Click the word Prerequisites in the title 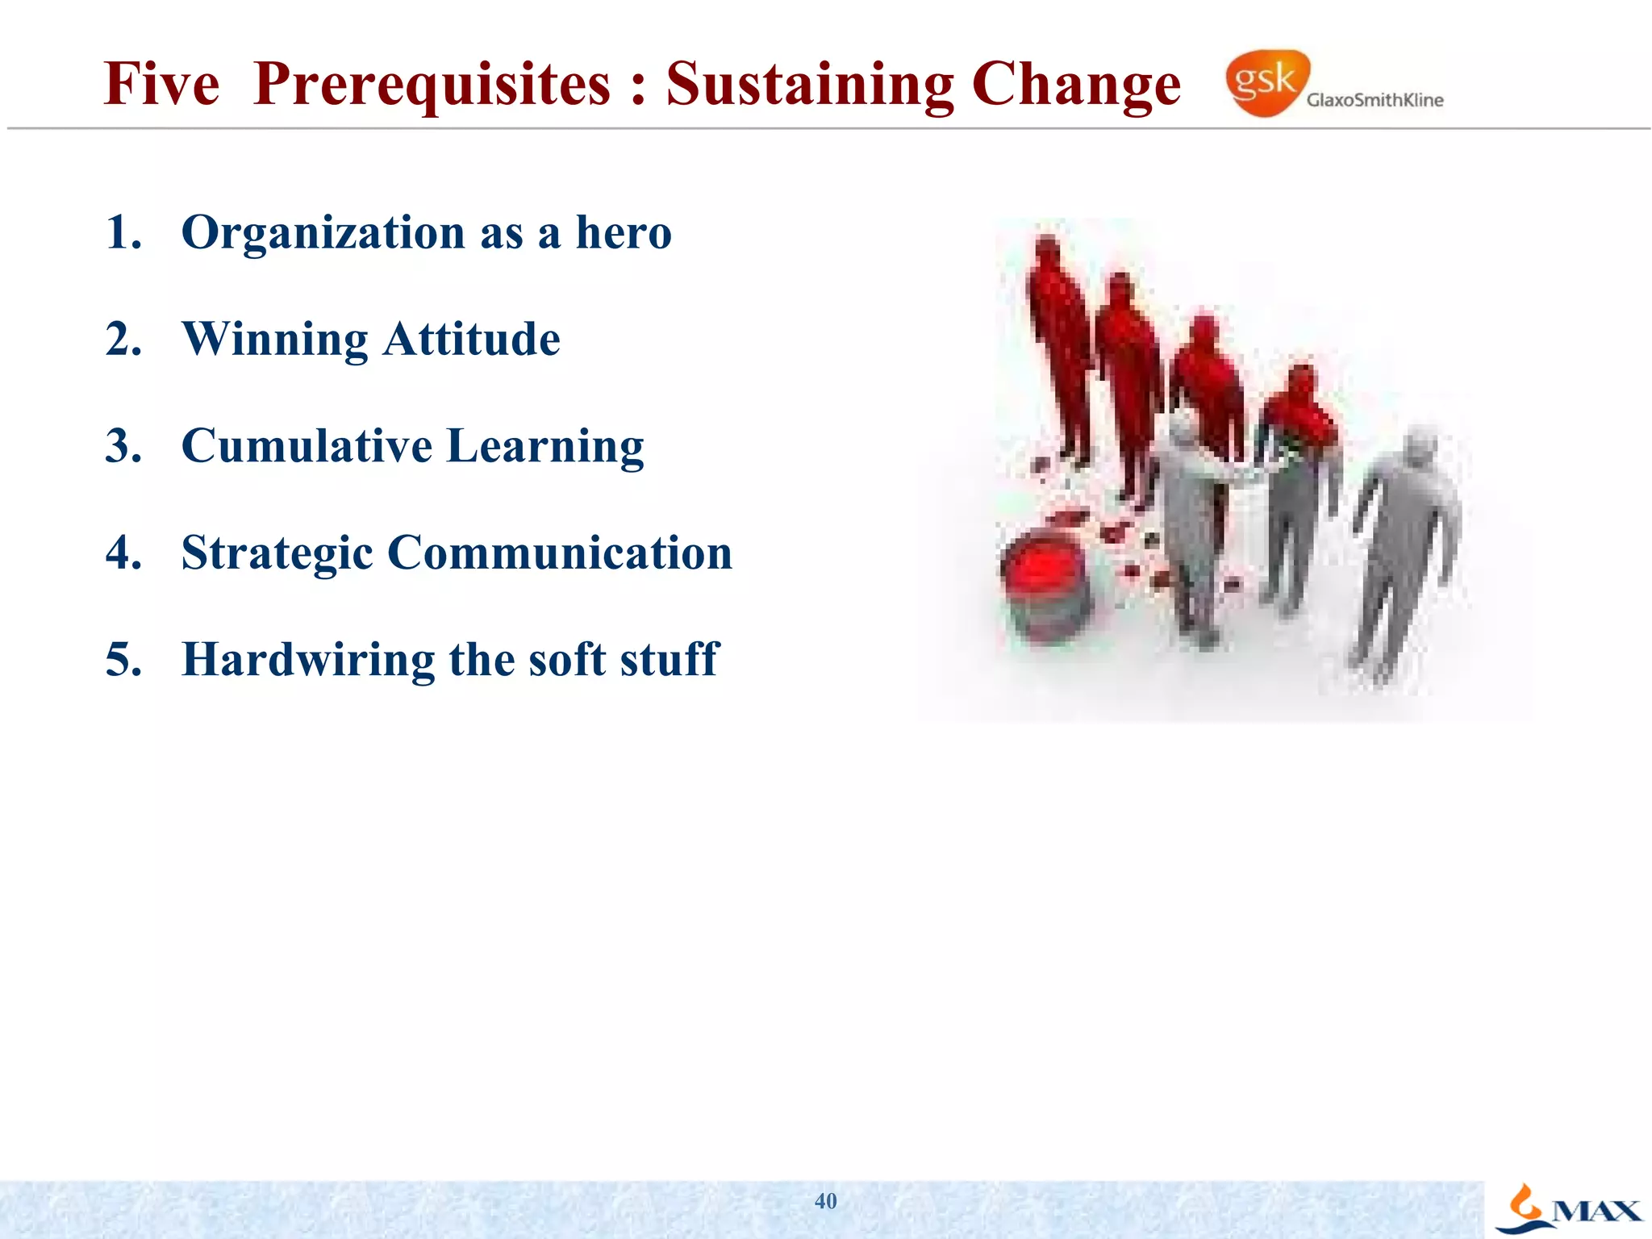432,85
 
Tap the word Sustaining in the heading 809,85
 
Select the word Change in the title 1076,85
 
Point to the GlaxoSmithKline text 1375,100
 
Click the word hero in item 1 623,232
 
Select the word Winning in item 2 275,340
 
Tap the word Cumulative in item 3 307,445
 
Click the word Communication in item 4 560,553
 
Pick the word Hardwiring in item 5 308,659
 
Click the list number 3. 123,445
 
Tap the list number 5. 123,659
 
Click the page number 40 825,1201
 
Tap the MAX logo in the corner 1569,1209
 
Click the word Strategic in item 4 277,554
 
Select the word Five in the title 161,85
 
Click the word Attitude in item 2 472,340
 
